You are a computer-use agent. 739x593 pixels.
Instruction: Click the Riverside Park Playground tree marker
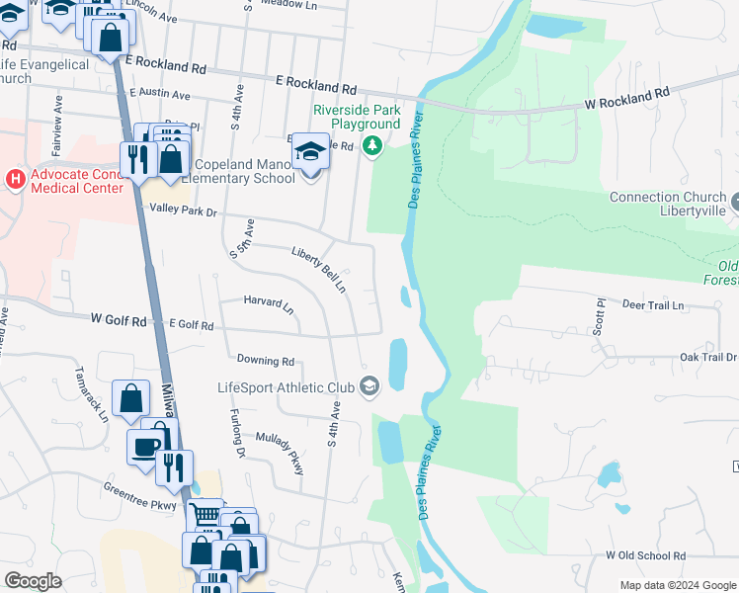(x=371, y=147)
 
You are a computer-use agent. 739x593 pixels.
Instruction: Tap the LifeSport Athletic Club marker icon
(x=370, y=386)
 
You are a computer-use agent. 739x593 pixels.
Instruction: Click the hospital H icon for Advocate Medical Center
(x=15, y=179)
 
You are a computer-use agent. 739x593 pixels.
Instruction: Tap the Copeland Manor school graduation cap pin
(x=310, y=152)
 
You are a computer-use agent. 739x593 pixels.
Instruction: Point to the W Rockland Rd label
(x=626, y=97)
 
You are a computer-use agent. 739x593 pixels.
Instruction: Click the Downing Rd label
(x=265, y=361)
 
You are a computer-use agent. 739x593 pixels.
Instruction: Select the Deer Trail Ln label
(x=653, y=305)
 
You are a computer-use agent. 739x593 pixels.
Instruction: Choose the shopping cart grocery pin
(x=205, y=515)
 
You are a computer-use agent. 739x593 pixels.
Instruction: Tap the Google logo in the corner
(x=34, y=581)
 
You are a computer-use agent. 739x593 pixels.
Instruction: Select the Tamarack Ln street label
(x=91, y=393)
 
